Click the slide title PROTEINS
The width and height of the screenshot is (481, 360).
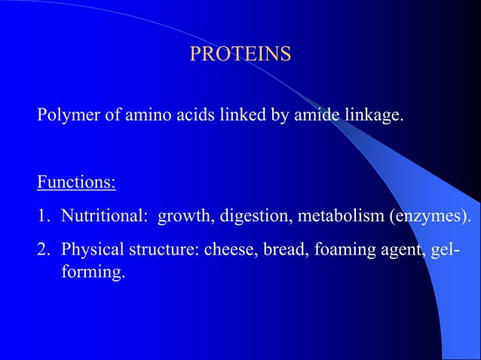pos(240,54)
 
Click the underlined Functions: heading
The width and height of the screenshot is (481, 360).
pos(76,183)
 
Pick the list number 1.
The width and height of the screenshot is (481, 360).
pos(43,217)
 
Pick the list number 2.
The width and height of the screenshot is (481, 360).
pos(43,249)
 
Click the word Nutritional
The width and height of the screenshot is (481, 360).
pos(104,217)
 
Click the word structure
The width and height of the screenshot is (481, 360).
pos(164,250)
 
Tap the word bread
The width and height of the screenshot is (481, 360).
pos(281,250)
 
